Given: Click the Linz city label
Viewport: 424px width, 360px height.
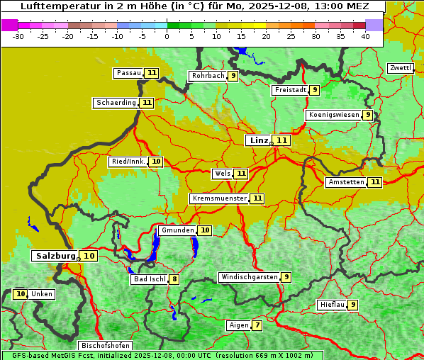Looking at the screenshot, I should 258,140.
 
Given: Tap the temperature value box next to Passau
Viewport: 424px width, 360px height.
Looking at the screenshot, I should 152,73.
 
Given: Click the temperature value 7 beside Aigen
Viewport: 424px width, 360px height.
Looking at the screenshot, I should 257,326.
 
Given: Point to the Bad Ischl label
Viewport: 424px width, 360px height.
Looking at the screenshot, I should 149,279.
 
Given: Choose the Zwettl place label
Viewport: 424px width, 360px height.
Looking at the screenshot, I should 400,68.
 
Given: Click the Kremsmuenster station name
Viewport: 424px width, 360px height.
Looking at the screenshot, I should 219,198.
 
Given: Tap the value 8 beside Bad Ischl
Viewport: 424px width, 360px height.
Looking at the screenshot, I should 174,279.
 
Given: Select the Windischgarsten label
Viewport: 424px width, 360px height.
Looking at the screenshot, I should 249,277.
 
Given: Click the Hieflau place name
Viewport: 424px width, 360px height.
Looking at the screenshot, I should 332,305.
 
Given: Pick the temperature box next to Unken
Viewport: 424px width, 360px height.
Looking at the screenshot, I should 21,294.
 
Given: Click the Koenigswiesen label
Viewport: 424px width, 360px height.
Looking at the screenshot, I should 333,115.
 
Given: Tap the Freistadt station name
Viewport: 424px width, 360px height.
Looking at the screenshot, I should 289,90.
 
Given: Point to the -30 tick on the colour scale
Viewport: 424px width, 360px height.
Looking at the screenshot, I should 18,36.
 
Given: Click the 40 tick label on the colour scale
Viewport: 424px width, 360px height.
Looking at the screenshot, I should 365,36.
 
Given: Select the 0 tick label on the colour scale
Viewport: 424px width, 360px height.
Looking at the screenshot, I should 167,36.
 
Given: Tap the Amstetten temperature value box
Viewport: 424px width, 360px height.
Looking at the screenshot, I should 375,182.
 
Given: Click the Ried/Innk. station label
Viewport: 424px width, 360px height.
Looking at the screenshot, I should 128,162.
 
